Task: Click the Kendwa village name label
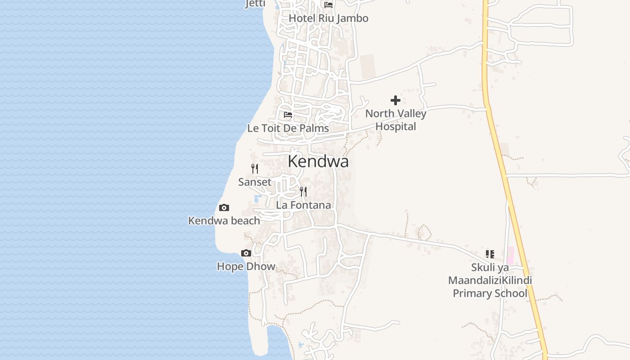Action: pyautogui.click(x=318, y=161)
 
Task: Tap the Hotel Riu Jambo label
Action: pyautogui.click(x=328, y=18)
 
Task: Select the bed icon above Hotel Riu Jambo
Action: pyautogui.click(x=328, y=5)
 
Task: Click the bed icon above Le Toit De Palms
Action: pyautogui.click(x=288, y=115)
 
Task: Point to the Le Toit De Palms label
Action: pyautogui.click(x=288, y=128)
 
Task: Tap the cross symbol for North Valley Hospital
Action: pyautogui.click(x=396, y=100)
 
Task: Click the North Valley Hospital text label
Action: pyautogui.click(x=396, y=120)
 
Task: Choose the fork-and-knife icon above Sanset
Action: pyautogui.click(x=255, y=169)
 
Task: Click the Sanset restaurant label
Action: pyautogui.click(x=255, y=182)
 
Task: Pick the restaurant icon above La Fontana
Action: pyautogui.click(x=303, y=192)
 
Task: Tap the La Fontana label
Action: pyautogui.click(x=303, y=205)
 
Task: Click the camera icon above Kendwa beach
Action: pyautogui.click(x=224, y=208)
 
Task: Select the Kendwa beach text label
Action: pyautogui.click(x=224, y=221)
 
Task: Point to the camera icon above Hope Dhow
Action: pyautogui.click(x=246, y=253)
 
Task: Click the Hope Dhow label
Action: pyautogui.click(x=246, y=266)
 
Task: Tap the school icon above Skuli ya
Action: pyautogui.click(x=490, y=254)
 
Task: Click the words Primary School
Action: pyautogui.click(x=490, y=293)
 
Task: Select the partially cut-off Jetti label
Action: pyautogui.click(x=255, y=4)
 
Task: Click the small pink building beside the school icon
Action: pyautogui.click(x=510, y=255)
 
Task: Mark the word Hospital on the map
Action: pyautogui.click(x=396, y=127)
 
